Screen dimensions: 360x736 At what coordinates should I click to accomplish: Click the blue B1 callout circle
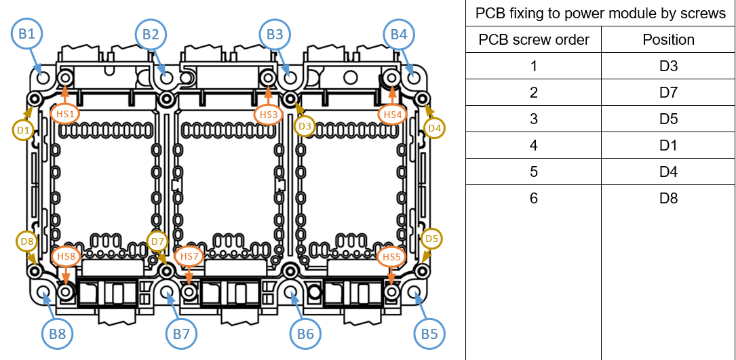27,35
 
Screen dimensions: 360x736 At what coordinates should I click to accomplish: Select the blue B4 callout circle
400,35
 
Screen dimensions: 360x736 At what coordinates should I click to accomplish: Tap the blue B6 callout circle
306,333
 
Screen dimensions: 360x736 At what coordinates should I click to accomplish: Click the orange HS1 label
65,115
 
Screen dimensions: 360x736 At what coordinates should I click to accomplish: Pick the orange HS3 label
269,115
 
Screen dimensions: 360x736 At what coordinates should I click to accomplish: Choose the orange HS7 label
189,256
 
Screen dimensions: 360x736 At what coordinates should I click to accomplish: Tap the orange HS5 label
391,256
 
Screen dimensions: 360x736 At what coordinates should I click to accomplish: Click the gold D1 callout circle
24,129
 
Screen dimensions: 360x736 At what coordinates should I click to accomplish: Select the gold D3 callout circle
305,126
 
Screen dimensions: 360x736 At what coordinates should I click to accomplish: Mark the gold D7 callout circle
157,241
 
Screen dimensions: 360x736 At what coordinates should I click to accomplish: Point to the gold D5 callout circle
431,239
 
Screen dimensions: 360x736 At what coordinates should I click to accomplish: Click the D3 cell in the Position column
668,66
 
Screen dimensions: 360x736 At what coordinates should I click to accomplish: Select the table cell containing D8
668,199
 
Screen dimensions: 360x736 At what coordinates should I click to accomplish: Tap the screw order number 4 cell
533,145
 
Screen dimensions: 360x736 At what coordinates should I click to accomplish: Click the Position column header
668,39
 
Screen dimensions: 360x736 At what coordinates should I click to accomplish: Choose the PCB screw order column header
533,39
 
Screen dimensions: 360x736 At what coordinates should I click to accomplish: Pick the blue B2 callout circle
151,35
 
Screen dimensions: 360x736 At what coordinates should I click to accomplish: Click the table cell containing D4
668,172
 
